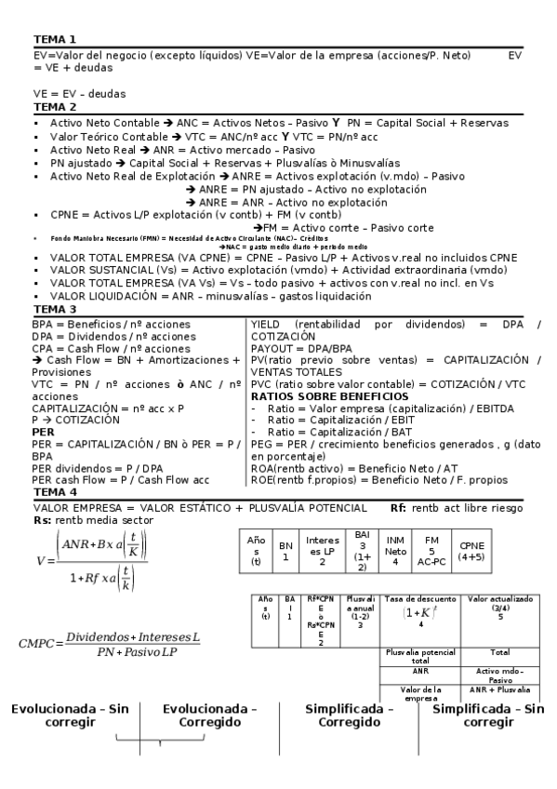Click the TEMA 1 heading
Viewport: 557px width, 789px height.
click(x=54, y=40)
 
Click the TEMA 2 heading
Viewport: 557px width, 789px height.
click(x=54, y=106)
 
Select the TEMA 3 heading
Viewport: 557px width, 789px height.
click(x=54, y=308)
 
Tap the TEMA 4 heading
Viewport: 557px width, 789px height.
click(x=54, y=490)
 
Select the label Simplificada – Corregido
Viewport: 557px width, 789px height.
click(x=349, y=715)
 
